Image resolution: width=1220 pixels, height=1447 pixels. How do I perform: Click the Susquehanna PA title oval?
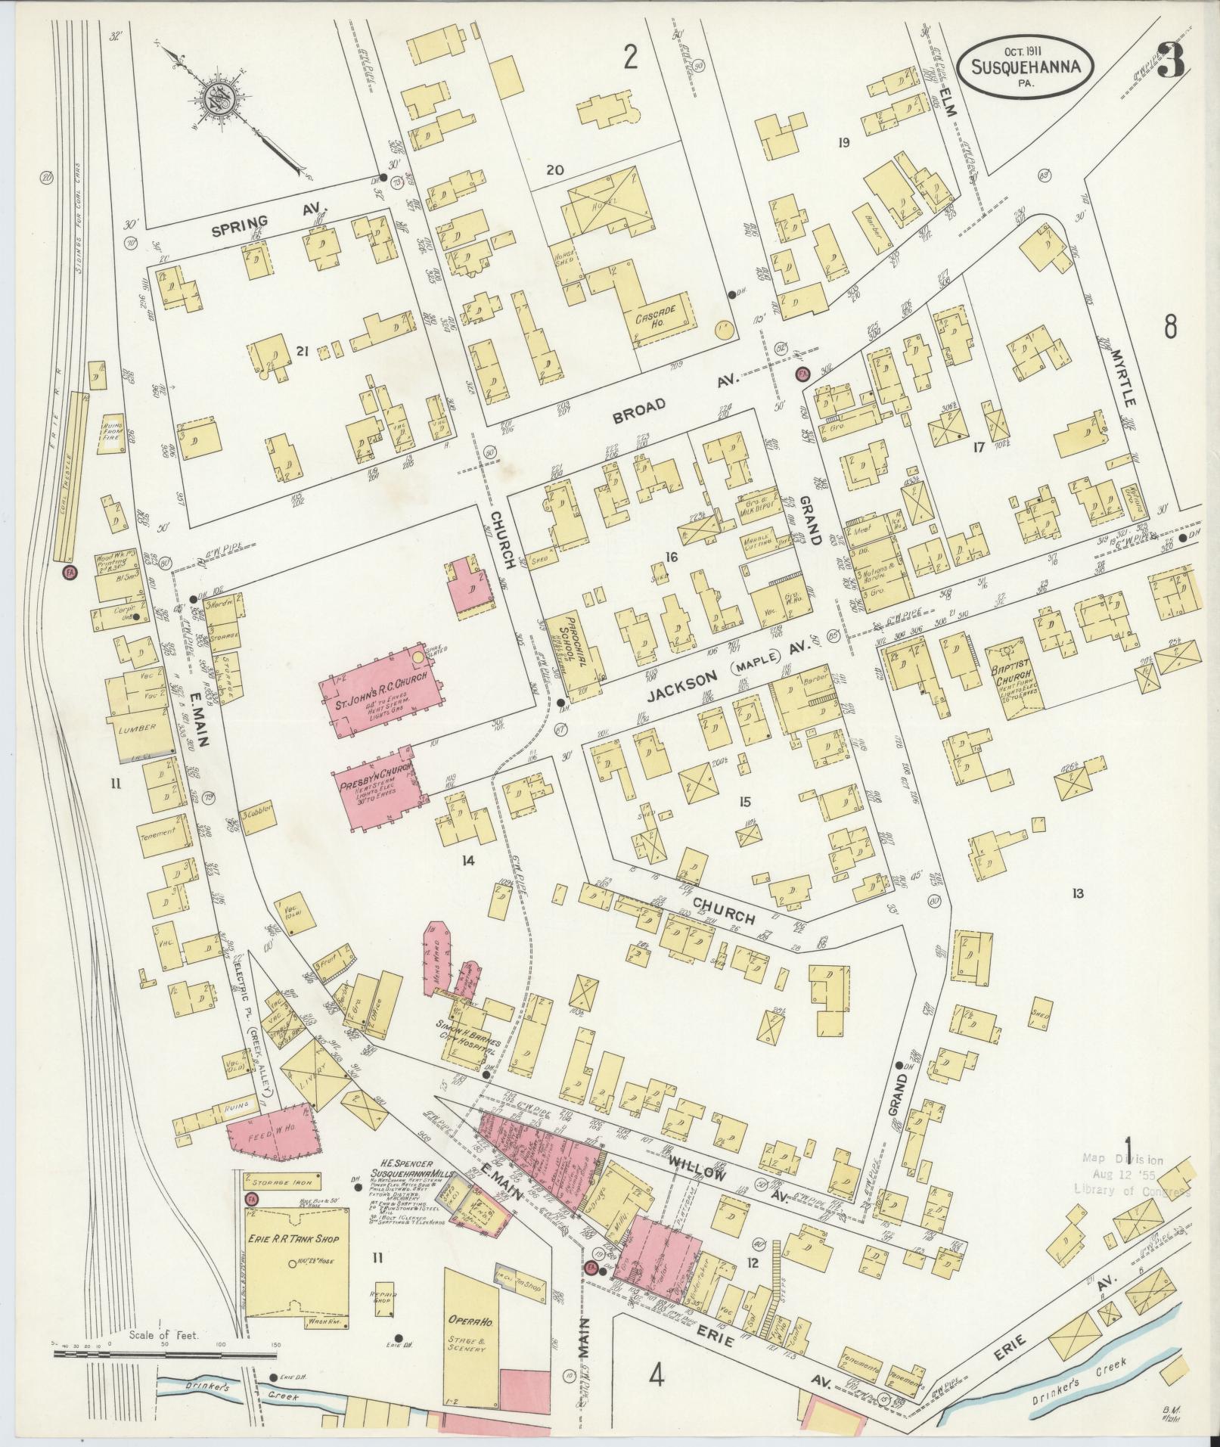pos(1025,67)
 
